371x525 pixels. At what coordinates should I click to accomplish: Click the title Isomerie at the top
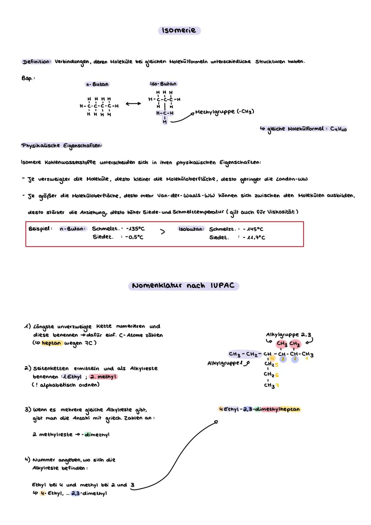179,30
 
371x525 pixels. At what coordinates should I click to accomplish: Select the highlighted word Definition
36,62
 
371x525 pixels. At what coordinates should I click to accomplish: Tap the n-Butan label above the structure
97,84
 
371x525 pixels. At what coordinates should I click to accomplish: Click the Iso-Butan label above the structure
163,84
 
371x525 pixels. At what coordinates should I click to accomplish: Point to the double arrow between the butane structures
133,104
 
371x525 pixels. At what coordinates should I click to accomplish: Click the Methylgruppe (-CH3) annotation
224,112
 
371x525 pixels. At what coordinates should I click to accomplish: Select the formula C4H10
338,129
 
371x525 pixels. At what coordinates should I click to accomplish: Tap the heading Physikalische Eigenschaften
61,146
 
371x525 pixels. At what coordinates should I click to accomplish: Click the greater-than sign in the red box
162,232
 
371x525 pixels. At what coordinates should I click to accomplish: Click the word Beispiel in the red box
40,229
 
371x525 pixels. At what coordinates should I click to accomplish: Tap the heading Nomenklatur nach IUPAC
183,286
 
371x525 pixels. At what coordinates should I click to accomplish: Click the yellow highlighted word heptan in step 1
51,343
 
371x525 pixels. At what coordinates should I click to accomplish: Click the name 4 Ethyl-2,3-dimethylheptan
259,409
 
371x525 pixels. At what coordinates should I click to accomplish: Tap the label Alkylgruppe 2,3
289,335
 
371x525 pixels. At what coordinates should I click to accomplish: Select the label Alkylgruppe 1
225,363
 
